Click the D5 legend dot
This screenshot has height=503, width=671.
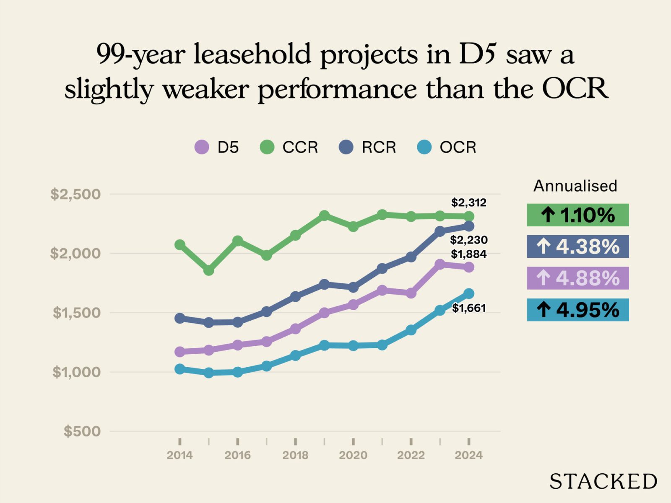[202, 147]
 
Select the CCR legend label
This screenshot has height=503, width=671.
[300, 147]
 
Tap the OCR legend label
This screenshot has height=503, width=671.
[458, 147]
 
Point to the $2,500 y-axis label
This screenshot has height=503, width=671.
[75, 194]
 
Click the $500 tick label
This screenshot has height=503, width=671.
[82, 431]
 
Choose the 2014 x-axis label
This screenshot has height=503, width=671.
[179, 455]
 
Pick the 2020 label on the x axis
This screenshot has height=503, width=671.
[353, 455]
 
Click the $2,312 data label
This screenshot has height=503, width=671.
[468, 202]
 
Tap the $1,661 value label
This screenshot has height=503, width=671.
[468, 308]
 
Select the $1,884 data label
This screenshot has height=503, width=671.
[468, 254]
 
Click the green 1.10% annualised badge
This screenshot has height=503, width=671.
[577, 215]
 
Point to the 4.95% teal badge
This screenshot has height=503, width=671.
[577, 310]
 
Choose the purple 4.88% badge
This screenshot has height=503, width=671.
[577, 278]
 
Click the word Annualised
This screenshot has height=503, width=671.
[575, 186]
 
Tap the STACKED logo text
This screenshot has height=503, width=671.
[603, 481]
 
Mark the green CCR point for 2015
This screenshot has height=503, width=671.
[209, 270]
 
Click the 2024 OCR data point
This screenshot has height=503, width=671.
[469, 293]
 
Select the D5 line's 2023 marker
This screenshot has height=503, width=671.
[440, 264]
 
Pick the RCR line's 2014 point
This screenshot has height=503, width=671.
[180, 318]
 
